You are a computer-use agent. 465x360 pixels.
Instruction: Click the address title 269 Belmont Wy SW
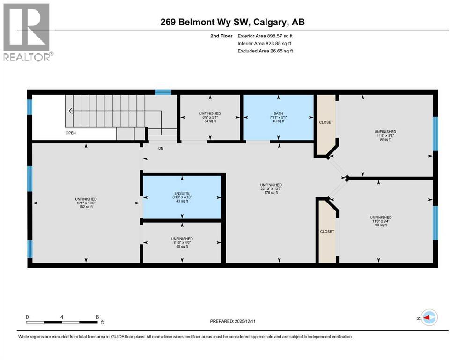click(233, 22)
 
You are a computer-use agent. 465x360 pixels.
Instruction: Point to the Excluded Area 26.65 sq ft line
click(265, 51)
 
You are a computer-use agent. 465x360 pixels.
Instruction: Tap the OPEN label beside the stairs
click(71, 133)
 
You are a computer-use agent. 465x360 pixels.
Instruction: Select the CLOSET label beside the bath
click(326, 122)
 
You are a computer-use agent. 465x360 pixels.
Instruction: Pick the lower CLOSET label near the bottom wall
click(326, 232)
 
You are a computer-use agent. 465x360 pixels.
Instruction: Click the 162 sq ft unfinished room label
click(86, 207)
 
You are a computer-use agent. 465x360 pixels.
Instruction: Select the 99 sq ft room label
click(380, 225)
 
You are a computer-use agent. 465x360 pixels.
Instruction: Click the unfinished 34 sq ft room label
click(209, 117)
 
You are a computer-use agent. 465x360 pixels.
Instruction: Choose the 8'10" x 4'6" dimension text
click(182, 242)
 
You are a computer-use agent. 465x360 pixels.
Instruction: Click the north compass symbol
click(429, 318)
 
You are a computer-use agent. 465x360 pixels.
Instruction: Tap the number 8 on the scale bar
click(97, 316)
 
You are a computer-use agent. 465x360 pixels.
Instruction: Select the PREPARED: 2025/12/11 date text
click(232, 321)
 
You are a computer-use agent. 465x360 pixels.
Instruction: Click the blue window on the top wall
click(163, 92)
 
